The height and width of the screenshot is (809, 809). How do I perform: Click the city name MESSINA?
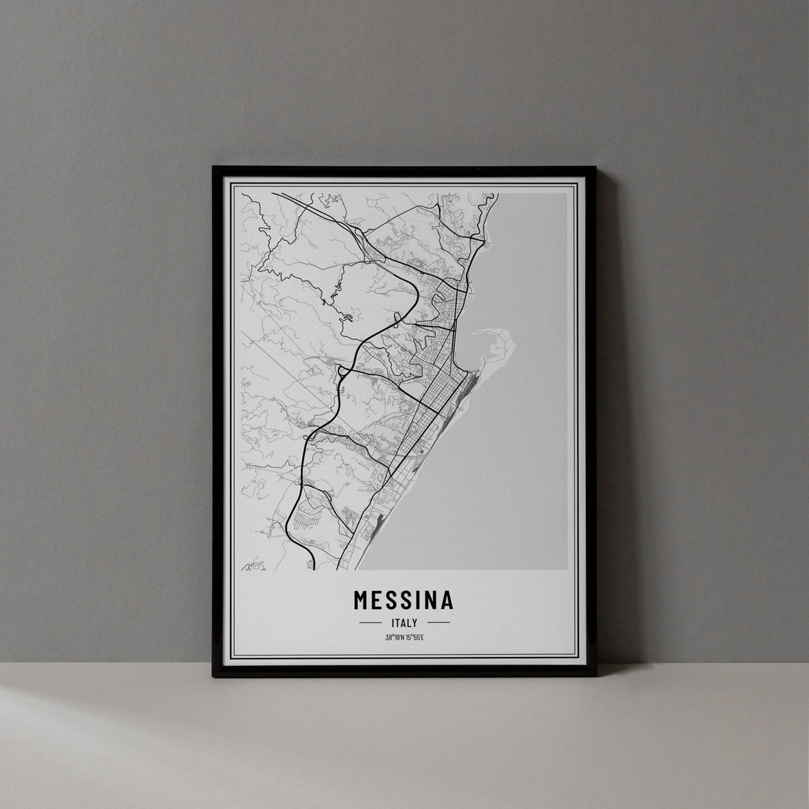pyautogui.click(x=403, y=600)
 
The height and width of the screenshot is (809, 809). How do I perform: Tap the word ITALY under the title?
pyautogui.click(x=404, y=622)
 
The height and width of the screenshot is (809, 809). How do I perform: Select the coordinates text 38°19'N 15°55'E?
pyautogui.click(x=404, y=637)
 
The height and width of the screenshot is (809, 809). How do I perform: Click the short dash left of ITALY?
pyautogui.click(x=370, y=622)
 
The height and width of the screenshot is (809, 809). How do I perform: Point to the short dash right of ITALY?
pyautogui.click(x=439, y=622)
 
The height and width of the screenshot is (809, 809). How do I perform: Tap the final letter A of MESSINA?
pyautogui.click(x=446, y=600)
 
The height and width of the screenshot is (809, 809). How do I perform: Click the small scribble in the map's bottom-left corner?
pyautogui.click(x=253, y=563)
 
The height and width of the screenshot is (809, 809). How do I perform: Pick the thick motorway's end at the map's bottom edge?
pyautogui.click(x=312, y=566)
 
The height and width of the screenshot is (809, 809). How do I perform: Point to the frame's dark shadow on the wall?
pyautogui.click(x=608, y=419)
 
